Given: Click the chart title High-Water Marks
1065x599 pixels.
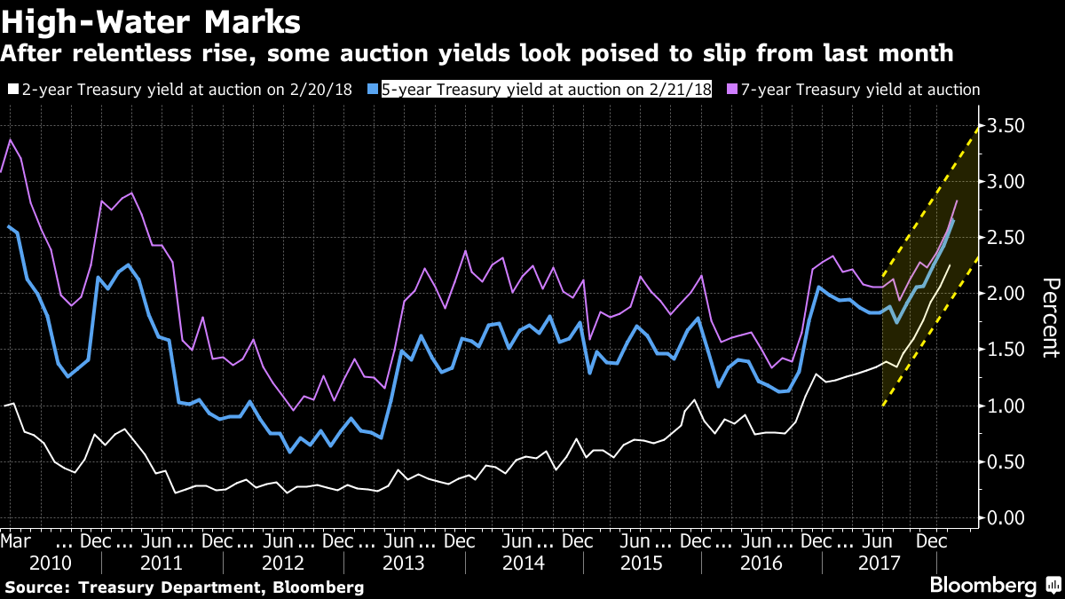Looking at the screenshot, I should (151, 20).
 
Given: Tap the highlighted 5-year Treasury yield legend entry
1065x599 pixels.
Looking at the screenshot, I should (547, 90).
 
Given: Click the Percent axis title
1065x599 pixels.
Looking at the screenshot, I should (1050, 318).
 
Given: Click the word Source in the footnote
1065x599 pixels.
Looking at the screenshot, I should (37, 587).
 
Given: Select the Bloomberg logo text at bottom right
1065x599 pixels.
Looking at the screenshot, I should (982, 586).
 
